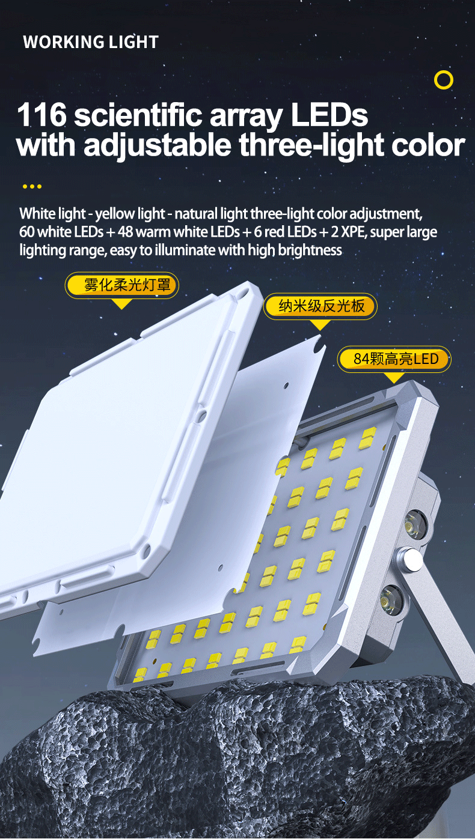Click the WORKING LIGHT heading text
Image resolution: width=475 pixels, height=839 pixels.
[91, 42]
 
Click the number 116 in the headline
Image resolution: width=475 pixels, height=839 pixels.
[41, 115]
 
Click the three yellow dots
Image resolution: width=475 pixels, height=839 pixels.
[32, 186]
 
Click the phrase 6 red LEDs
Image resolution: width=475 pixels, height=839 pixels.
[285, 232]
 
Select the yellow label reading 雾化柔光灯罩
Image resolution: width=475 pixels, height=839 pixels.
[122, 285]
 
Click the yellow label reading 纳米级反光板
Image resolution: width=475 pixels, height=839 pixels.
[320, 306]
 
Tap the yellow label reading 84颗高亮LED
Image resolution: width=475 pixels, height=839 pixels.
[394, 359]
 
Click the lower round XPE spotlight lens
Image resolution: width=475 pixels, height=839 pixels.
[391, 599]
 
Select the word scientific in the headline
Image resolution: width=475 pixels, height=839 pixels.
[138, 115]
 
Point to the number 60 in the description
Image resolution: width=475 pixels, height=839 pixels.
[27, 232]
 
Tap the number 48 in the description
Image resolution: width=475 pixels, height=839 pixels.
[125, 232]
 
